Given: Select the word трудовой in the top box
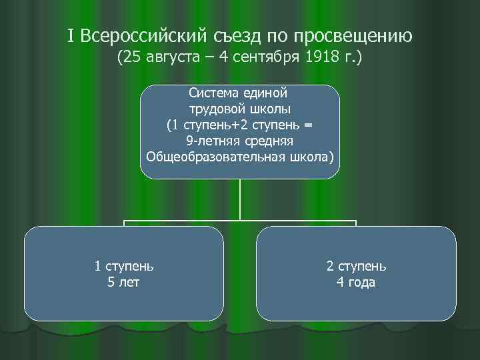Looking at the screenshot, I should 215,109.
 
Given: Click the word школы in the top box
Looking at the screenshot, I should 271,109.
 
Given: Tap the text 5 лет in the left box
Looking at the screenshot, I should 124,282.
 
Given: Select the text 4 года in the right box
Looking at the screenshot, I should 356,282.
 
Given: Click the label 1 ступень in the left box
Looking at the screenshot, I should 124,266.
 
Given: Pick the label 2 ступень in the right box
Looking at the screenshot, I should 356,266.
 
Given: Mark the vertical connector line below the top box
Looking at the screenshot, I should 240,200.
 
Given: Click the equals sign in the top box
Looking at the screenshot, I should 307,125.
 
